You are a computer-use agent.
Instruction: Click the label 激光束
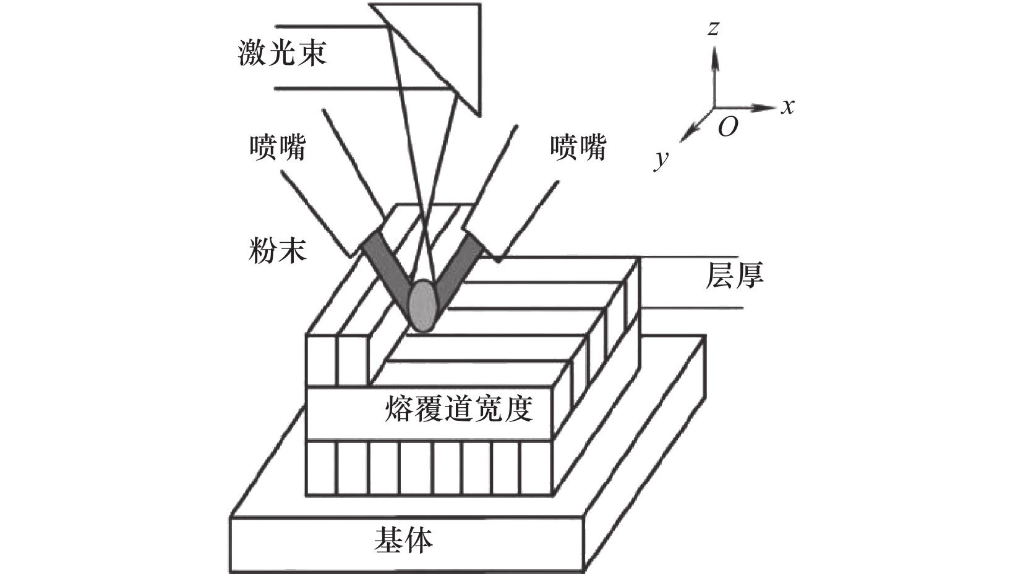pyautogui.click(x=283, y=53)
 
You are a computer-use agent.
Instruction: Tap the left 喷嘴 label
pyautogui.click(x=278, y=147)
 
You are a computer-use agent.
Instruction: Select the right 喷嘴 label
pyautogui.click(x=578, y=147)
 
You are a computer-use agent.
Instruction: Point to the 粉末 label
pyautogui.click(x=278, y=250)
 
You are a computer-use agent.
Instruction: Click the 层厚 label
pyautogui.click(x=734, y=275)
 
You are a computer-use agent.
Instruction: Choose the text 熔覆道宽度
pyautogui.click(x=459, y=407)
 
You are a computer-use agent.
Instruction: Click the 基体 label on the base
pyautogui.click(x=404, y=540)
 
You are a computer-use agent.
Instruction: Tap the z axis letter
pyautogui.click(x=713, y=29)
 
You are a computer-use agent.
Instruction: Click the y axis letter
pyautogui.click(x=661, y=159)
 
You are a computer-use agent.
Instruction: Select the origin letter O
pyautogui.click(x=728, y=126)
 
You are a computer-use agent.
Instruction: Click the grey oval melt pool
pyautogui.click(x=423, y=305)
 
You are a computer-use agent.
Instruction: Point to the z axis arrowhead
pyautogui.click(x=715, y=57)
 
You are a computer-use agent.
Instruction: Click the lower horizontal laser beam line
pyautogui.click(x=365, y=88)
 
